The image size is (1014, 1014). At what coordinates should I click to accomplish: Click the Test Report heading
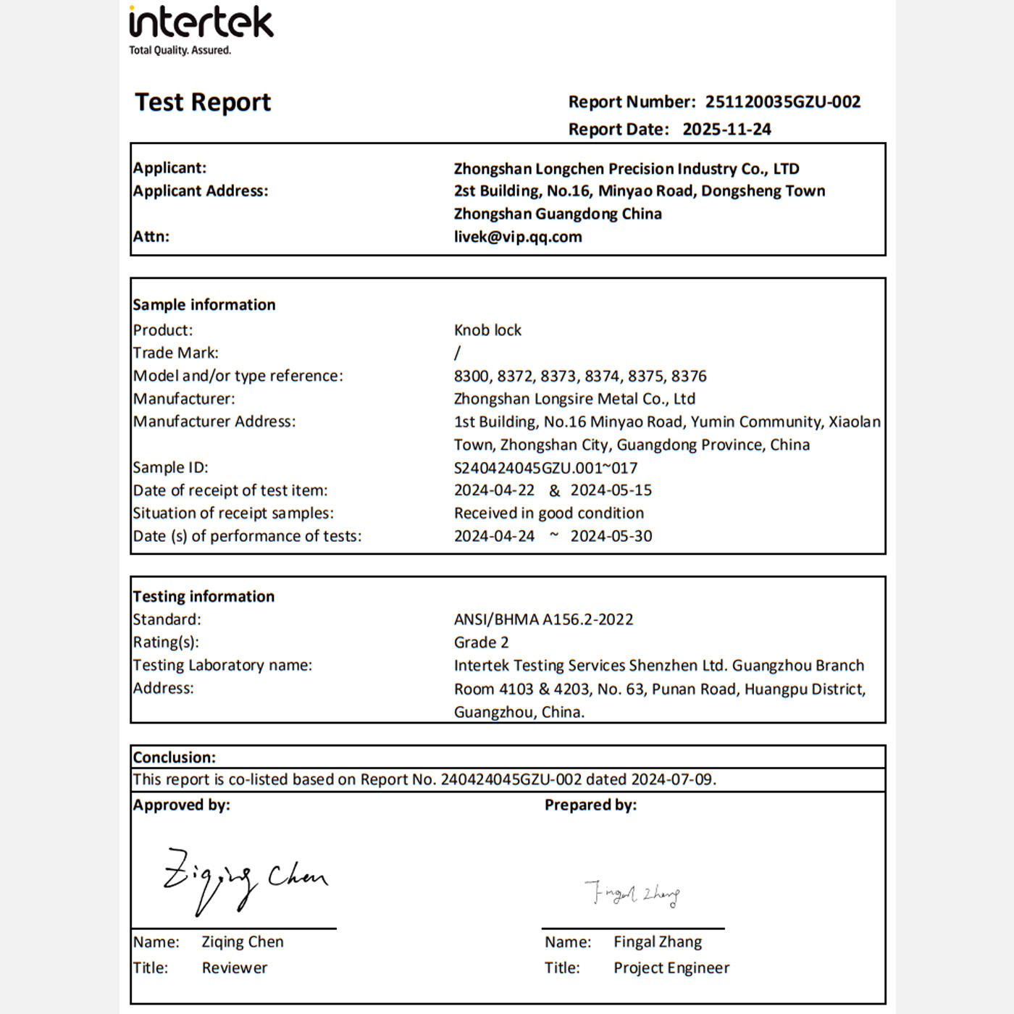pos(203,102)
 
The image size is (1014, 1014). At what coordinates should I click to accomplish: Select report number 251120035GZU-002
pos(783,102)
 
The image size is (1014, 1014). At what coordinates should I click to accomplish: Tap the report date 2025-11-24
pos(726,130)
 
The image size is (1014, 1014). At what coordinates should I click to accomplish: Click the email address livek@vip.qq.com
pos(518,237)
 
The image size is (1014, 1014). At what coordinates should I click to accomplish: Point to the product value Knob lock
pos(487,330)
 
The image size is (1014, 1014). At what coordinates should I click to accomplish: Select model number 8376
pos(689,376)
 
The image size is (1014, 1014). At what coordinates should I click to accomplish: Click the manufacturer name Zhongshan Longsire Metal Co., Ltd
pos(574,399)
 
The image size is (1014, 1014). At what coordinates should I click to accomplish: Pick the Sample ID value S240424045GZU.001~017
pos(545,468)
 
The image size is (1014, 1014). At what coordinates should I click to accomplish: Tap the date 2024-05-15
pos(611,490)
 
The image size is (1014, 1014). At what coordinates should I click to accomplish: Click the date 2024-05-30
pos(611,536)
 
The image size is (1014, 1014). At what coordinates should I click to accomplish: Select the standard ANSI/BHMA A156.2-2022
pos(543,620)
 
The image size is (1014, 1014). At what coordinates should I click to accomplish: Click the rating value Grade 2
pos(481,642)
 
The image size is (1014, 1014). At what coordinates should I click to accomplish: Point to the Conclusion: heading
pos(175,758)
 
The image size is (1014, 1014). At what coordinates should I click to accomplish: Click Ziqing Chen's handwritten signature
pos(245,878)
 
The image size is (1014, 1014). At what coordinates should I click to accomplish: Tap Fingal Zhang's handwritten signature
pos(632,894)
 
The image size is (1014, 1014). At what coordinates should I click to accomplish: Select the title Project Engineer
pos(671,968)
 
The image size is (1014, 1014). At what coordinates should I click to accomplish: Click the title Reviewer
pos(235,968)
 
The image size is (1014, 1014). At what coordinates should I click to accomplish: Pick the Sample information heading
pos(204,305)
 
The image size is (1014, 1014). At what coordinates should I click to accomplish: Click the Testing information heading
pos(204,597)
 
